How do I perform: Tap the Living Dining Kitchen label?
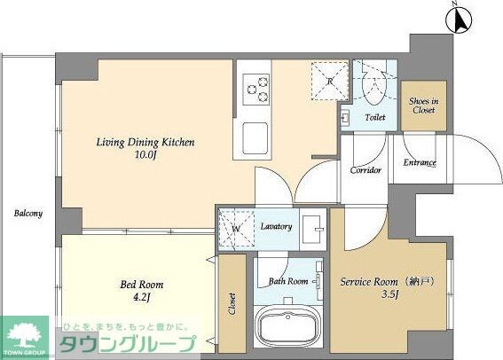coord(145,142)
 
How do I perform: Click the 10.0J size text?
coord(145,157)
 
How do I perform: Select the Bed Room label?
coord(142,285)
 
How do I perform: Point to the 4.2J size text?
coord(142,300)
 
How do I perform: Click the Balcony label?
coord(28,214)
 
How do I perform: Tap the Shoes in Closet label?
coord(422,106)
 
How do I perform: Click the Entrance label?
coord(420,163)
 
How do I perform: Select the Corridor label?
coord(365,169)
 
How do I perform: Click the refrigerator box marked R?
coord(328,81)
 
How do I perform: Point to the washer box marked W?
coord(236,227)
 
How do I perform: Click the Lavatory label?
coord(276,227)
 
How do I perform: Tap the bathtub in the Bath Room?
coord(288,328)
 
